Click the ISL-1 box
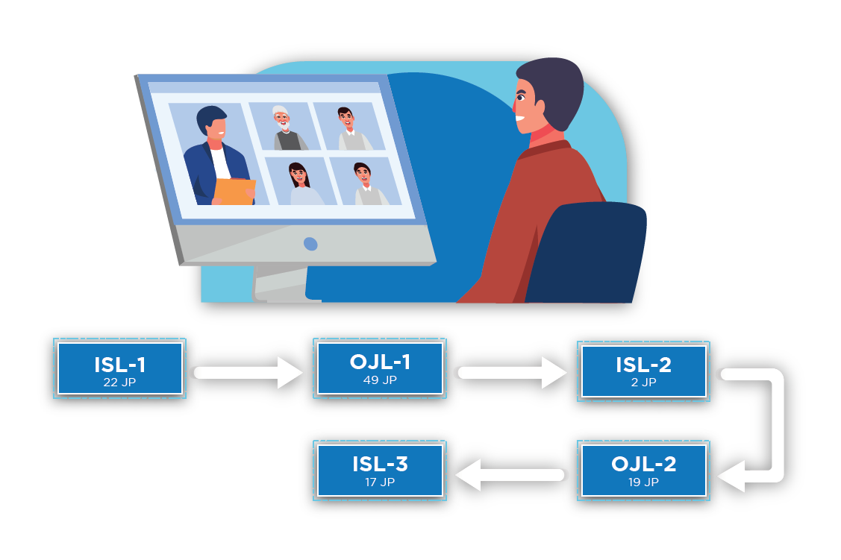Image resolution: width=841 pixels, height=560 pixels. tap(119, 368)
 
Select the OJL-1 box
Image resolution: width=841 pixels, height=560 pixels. tap(380, 368)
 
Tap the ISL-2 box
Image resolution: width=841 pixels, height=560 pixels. tap(643, 370)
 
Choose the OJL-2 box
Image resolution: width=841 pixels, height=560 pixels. tap(643, 470)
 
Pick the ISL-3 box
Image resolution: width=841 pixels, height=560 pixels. tap(380, 470)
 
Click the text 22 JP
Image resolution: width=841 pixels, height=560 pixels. tap(119, 383)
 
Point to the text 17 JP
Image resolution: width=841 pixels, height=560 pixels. tap(380, 482)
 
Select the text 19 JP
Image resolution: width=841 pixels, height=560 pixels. tap(643, 482)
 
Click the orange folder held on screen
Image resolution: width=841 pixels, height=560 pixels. tap(234, 191)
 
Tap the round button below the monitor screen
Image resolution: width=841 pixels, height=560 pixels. tap(310, 244)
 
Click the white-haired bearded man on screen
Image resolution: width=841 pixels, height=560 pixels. tap(284, 128)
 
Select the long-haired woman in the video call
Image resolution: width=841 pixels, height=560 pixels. tap(300, 183)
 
